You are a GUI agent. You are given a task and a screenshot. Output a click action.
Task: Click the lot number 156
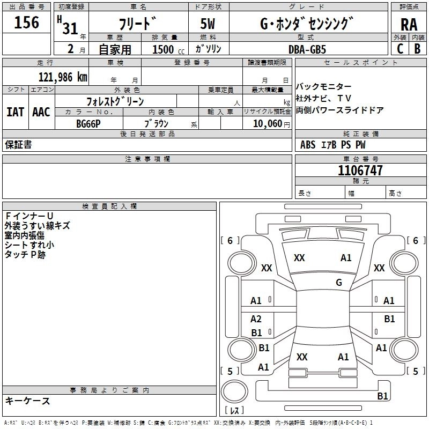click(27, 23)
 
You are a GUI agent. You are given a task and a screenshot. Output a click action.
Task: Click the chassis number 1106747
click(360, 171)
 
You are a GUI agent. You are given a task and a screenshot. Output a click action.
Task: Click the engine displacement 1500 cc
click(164, 49)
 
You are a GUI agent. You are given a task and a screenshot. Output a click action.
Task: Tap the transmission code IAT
click(15, 112)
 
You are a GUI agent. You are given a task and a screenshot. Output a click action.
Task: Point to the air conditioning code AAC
click(41, 112)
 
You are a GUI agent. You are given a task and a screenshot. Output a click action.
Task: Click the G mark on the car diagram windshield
click(338, 283)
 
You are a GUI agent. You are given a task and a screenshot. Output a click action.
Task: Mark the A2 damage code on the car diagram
click(256, 319)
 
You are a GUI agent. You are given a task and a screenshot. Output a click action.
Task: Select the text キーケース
click(27, 401)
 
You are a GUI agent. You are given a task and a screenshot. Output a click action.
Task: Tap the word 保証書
click(18, 145)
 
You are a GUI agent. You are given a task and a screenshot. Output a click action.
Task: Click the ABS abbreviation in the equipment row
click(308, 145)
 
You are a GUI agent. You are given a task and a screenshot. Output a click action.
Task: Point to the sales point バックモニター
click(324, 87)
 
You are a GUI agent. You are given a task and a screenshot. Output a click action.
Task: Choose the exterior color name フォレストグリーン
click(115, 101)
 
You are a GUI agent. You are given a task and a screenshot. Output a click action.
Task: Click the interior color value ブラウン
click(157, 123)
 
